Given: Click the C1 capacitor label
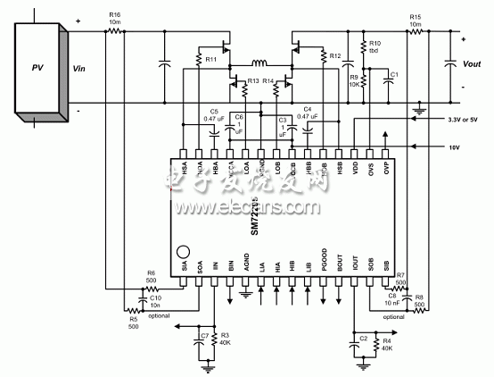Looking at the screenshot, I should coord(395,73).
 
